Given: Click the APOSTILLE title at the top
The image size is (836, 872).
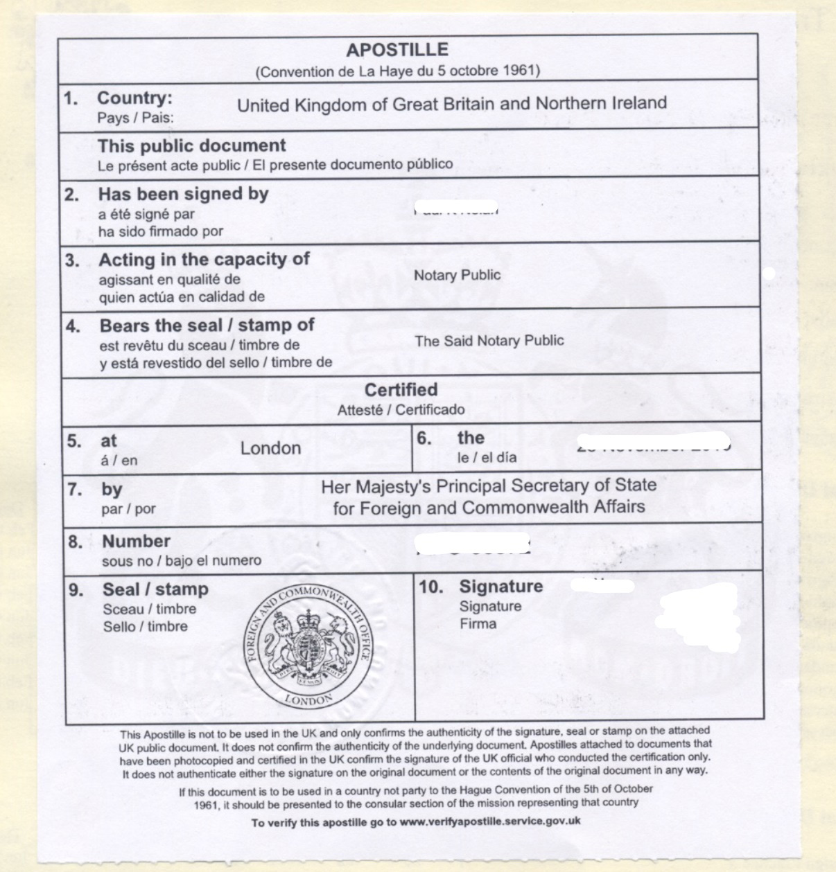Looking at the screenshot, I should [397, 50].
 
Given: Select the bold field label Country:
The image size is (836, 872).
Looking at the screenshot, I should [134, 98].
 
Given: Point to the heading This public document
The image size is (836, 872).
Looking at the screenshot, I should [191, 145].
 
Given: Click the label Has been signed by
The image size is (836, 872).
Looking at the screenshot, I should [183, 194].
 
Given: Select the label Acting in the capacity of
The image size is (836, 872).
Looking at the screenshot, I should [204, 260].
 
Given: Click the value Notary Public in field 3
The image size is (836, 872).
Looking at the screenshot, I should [457, 275].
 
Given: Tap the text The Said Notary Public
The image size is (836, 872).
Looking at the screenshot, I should [489, 340].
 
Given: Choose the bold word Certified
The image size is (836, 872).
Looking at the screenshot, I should [401, 389].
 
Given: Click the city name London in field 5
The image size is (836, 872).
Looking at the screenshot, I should [270, 448].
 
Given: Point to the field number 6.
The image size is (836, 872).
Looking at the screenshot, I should [424, 438].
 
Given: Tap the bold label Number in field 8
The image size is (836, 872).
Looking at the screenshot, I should [136, 541].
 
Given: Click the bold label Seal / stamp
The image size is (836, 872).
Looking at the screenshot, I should [155, 589].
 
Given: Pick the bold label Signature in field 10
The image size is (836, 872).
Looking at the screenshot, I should [500, 587].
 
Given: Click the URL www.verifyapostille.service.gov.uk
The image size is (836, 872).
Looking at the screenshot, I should [490, 821].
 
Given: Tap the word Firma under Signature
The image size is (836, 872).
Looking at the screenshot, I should [478, 623].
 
